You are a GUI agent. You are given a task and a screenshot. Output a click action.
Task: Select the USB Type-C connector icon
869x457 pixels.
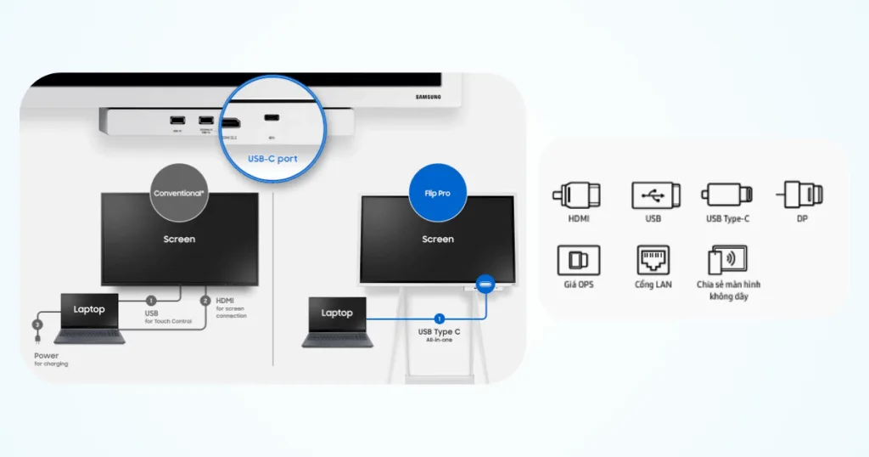click(x=726, y=195)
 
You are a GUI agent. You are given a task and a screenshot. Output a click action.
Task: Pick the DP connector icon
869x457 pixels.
click(x=801, y=195)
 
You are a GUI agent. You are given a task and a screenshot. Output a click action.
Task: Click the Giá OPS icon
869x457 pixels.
click(x=578, y=259)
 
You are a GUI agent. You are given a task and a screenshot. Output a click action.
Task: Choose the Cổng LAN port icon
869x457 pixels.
click(x=653, y=259)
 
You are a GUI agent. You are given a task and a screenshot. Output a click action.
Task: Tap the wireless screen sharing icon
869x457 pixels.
click(x=727, y=261)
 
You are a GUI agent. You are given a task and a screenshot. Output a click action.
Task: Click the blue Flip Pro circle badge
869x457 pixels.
click(x=437, y=193)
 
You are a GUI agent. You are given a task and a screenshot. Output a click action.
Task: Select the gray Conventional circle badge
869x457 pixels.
click(x=178, y=193)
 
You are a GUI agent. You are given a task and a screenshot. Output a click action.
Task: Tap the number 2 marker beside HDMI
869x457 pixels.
click(x=205, y=301)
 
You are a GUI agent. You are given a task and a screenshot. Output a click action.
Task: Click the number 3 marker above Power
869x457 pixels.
click(x=36, y=324)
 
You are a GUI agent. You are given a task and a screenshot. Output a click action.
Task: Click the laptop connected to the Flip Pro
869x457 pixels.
click(x=337, y=321)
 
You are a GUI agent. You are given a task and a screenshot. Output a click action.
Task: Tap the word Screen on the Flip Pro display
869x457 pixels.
click(x=438, y=240)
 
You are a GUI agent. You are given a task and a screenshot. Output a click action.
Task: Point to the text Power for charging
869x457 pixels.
click(x=51, y=358)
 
